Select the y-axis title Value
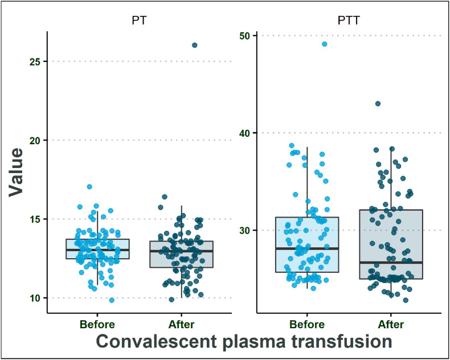tap(17, 172)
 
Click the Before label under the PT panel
tap(97, 325)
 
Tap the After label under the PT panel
tap(182, 325)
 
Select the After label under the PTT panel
tap(391, 325)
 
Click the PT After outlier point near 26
tap(194, 45)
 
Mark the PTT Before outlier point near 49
tap(325, 44)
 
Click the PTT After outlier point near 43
tap(378, 104)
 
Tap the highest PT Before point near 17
tap(89, 187)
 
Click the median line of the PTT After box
tap(391, 263)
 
